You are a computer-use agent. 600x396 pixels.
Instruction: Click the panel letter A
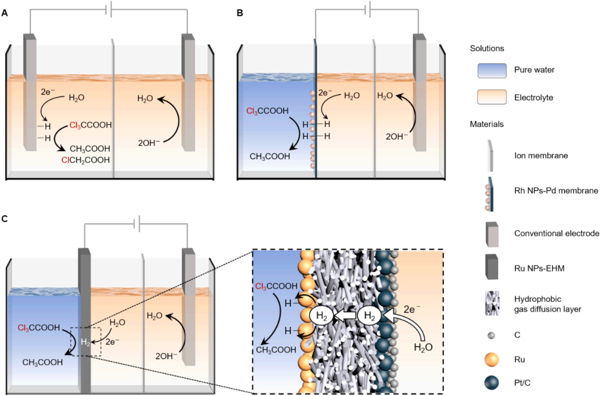point(5,13)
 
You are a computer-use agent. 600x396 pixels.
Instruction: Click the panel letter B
point(240,13)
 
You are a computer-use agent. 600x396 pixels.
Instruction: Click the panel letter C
point(5,219)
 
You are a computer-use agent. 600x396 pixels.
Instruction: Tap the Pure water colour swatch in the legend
point(492,71)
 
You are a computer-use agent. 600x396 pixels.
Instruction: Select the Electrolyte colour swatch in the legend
point(492,97)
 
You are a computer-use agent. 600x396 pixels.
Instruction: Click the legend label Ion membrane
point(541,155)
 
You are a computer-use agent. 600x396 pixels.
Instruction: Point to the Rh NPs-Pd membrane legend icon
point(489,194)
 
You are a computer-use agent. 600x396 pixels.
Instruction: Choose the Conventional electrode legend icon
point(492,234)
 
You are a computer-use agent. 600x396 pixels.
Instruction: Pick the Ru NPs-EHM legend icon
point(491,267)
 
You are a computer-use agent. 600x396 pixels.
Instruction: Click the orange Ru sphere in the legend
point(491,360)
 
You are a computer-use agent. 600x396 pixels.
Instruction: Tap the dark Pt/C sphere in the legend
point(491,383)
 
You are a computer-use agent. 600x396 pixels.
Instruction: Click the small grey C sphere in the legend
point(491,335)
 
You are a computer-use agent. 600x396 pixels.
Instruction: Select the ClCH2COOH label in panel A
point(85,160)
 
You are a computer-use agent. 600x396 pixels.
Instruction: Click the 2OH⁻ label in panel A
point(149,143)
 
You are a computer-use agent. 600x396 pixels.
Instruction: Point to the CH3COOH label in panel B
point(270,157)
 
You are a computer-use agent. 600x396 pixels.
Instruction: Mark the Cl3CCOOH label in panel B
point(267,111)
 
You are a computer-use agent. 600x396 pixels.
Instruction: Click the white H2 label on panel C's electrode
point(85,342)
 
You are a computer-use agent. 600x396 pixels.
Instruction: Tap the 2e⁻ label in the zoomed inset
point(412,309)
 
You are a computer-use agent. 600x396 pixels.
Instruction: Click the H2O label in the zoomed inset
point(423,347)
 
